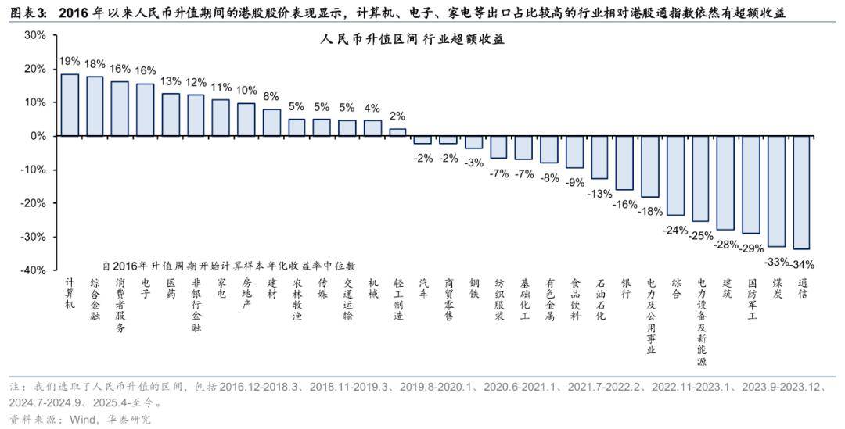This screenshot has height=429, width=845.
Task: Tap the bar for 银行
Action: (x=624, y=163)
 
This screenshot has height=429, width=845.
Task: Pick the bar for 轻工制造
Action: (x=397, y=132)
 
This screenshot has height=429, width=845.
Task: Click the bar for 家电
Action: (x=221, y=117)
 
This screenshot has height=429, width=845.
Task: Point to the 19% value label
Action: (x=70, y=61)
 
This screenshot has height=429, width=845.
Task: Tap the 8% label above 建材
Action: (x=271, y=96)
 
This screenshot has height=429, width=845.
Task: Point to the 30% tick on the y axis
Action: (x=35, y=35)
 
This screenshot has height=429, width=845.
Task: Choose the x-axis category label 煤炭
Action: (x=776, y=288)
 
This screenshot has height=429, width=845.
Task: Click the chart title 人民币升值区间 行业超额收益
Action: (x=412, y=41)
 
